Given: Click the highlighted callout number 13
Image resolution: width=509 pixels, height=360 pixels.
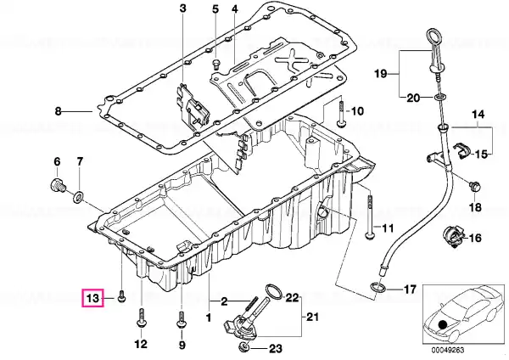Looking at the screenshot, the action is (x=92, y=298).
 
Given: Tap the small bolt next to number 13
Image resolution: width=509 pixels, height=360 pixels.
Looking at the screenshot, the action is (x=121, y=296).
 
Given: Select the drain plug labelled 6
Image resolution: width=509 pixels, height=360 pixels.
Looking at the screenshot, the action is (x=59, y=185).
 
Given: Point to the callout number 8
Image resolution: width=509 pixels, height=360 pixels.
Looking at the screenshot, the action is (x=58, y=112).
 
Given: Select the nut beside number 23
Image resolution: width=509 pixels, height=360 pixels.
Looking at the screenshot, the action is (x=244, y=347).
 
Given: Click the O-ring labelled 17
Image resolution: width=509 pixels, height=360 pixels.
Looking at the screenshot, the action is (x=378, y=287).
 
